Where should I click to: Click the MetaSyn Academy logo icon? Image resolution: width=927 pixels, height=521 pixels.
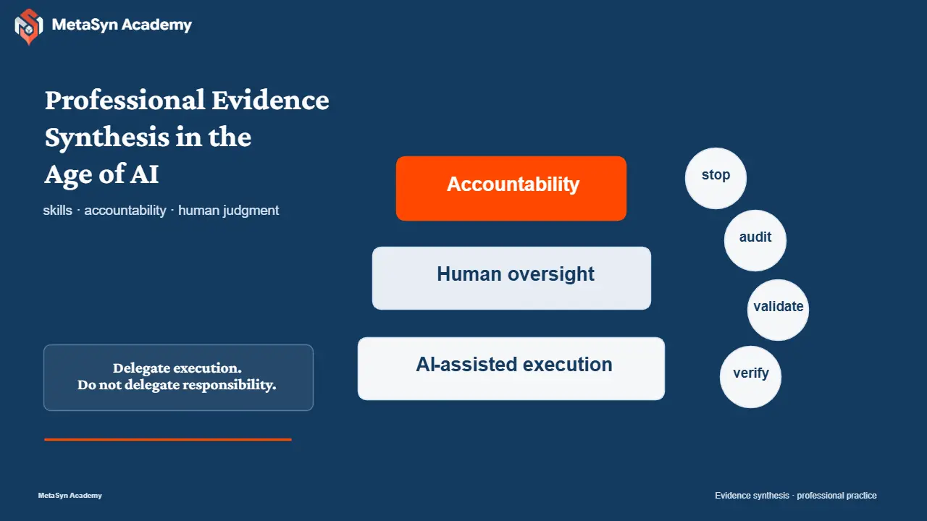point(28,27)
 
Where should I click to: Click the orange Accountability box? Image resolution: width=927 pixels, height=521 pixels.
point(511,188)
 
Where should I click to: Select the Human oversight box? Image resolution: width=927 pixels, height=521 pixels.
point(511,278)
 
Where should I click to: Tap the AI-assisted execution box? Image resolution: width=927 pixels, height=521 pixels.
point(511,368)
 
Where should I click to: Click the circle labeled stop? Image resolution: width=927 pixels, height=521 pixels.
point(716,178)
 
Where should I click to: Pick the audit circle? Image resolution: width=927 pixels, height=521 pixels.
point(755,241)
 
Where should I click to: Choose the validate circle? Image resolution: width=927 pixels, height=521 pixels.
point(778,310)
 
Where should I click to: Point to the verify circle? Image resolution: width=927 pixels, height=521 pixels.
point(751,377)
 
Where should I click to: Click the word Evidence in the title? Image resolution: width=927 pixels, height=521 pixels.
point(270,100)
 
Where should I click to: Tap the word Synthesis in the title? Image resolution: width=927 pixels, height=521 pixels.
point(106,138)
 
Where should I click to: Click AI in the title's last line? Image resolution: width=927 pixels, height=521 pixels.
point(144,174)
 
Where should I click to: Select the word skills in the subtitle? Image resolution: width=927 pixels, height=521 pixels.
point(57,210)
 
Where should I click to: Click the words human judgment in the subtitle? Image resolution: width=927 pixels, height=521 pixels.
point(228,211)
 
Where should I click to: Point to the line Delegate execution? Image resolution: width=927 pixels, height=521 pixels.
point(177,368)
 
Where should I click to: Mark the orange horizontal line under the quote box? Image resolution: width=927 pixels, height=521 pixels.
point(168,439)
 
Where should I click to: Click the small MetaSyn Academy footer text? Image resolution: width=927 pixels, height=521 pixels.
point(70,496)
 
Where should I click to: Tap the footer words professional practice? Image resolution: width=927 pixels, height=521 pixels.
point(836,496)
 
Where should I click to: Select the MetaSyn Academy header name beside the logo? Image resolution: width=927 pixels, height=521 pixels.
point(122,25)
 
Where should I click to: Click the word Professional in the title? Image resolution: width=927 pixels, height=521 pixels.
point(125,100)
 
